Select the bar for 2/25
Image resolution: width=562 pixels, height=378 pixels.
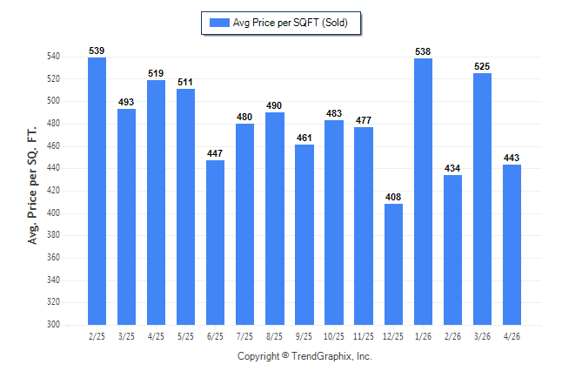tap(97, 191)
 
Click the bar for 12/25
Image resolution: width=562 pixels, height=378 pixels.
tap(393, 264)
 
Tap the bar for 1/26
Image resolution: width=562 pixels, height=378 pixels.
tap(424, 192)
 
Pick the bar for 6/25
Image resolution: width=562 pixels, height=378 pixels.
tap(215, 242)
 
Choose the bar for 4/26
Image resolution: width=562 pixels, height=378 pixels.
tap(512, 245)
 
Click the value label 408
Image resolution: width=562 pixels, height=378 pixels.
tap(393, 197)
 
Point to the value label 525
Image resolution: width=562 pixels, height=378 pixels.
tap(482, 66)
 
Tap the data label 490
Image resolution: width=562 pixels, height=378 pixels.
tap(274, 105)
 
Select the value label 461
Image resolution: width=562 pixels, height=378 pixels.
tap(304, 138)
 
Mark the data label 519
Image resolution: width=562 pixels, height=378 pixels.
tap(156, 73)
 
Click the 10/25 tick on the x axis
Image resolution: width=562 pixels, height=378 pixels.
tap(334, 336)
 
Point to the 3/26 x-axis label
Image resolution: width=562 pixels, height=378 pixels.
tap(482, 336)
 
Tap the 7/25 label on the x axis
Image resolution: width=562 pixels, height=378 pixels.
tap(244, 336)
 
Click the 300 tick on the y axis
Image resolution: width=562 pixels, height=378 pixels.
tap(53, 324)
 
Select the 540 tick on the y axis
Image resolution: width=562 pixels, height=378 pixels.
tap(53, 56)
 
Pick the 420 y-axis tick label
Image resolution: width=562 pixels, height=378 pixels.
tap(53, 190)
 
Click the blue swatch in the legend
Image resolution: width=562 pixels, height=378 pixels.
tap(219, 23)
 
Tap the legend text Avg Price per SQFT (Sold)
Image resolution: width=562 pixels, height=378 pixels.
tap(291, 23)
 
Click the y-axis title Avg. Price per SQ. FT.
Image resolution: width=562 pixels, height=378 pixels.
tap(32, 186)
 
